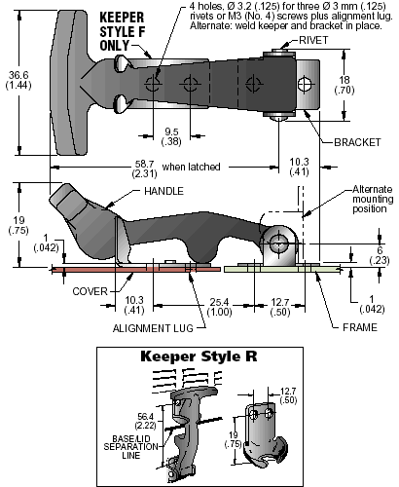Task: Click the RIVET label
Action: click(313, 40)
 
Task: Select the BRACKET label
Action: click(357, 142)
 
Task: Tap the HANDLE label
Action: click(163, 191)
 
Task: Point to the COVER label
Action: click(90, 291)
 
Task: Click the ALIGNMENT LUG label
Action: click(153, 328)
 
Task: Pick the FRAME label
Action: click(360, 327)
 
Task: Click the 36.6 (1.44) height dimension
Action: click(18, 80)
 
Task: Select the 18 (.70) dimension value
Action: click(345, 85)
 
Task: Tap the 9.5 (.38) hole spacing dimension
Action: click(171, 136)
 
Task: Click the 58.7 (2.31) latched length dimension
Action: click(144, 169)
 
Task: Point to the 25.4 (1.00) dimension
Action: click(220, 307)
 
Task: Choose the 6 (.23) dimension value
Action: click(380, 255)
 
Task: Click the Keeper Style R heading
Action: click(199, 356)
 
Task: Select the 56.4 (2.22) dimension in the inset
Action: click(145, 421)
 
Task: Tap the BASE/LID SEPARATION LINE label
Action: click(131, 447)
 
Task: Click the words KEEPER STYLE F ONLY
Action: click(122, 31)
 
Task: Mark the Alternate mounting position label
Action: click(373, 199)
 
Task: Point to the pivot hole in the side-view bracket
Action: click(278, 243)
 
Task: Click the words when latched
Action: click(191, 167)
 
